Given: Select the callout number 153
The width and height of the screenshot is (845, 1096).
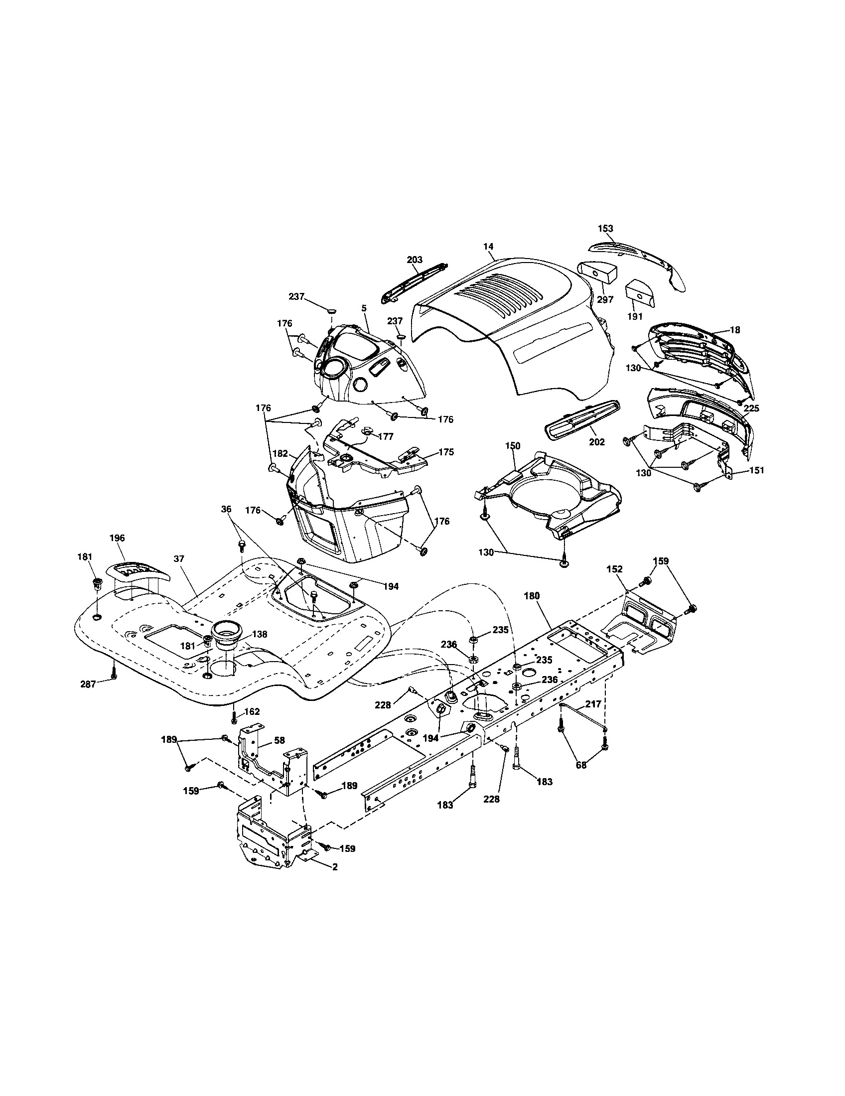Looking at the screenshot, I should [605, 228].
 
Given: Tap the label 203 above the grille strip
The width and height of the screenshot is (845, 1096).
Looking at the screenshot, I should [415, 260].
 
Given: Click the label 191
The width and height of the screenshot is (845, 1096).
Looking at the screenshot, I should [635, 317].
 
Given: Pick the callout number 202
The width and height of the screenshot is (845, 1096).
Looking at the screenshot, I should [597, 442].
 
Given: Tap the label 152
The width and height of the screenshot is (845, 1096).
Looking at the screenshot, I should [614, 569].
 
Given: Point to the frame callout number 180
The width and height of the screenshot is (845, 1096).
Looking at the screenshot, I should [532, 596].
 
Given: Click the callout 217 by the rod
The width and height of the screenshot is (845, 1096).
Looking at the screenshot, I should [592, 704].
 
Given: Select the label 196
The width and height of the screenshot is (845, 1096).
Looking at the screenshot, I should [117, 538].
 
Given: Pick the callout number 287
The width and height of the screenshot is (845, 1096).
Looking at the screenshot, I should [88, 684].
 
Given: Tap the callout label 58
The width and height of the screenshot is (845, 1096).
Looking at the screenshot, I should [280, 741].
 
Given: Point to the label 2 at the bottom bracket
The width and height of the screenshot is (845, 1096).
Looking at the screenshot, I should [335, 867].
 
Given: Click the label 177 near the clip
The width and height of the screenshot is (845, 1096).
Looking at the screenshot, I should [385, 436].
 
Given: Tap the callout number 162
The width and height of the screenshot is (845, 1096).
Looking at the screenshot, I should [253, 711].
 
